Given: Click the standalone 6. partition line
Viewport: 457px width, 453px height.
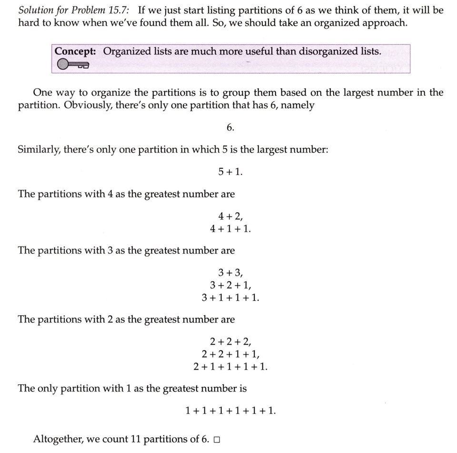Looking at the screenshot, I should (230, 128).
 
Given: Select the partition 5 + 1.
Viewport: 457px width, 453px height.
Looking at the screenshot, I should (230, 172).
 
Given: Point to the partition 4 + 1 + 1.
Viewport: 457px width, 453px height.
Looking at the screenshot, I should (230, 229).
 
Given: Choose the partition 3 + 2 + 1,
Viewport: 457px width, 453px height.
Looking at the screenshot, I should (230, 285).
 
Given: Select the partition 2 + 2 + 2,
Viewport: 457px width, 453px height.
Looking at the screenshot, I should (230, 341).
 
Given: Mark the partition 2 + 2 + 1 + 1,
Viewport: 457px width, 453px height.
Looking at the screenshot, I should (230, 354).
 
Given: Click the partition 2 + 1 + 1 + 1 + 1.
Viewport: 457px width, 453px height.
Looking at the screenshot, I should (230, 367).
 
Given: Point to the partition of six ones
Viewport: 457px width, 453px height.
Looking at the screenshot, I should (230, 411).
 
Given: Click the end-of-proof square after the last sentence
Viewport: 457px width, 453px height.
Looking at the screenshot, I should (217, 440).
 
